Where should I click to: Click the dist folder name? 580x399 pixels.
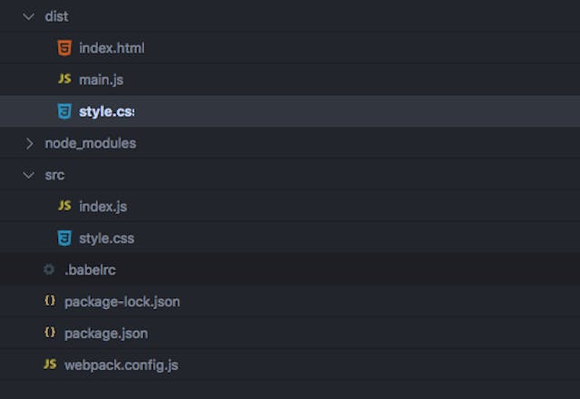coord(56,16)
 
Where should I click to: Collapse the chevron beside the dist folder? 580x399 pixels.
coord(29,16)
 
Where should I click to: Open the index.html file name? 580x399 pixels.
coord(111,48)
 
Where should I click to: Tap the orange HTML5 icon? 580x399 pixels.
coord(64,48)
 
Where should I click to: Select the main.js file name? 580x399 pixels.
coord(101,80)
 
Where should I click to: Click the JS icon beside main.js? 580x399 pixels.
coord(64,80)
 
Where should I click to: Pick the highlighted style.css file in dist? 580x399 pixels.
coord(106,112)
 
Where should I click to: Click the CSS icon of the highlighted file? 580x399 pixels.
coord(64,112)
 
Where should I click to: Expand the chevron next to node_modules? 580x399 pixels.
coord(29,143)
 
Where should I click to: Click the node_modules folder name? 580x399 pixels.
coord(90,143)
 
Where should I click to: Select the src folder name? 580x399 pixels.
coord(54,175)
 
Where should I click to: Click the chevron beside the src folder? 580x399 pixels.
coord(29,175)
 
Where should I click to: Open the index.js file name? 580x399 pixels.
coord(102,207)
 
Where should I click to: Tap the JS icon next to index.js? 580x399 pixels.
coord(64,207)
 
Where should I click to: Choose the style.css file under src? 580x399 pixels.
coord(106,238)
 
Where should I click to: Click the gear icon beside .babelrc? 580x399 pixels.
coord(49,270)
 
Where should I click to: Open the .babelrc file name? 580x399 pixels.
coord(90,270)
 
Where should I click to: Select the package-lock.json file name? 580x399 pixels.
coord(121,302)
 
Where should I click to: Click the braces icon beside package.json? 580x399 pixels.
coord(49,333)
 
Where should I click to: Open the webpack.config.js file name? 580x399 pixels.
coord(121,365)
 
